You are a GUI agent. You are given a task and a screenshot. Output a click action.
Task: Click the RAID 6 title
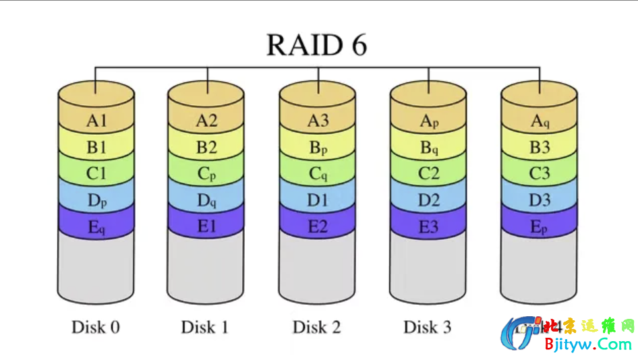[x=316, y=45]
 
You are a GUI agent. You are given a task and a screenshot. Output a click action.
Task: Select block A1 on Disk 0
[x=96, y=121]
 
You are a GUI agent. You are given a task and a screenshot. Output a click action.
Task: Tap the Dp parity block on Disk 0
[x=96, y=201]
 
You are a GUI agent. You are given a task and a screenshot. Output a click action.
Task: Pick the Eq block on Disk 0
[x=96, y=227]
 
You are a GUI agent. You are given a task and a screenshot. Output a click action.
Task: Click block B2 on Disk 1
[x=207, y=148]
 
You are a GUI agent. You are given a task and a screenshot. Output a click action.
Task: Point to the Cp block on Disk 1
[x=207, y=174]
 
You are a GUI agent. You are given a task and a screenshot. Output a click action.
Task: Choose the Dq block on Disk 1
[x=207, y=201]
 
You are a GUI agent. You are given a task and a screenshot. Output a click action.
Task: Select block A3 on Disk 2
[x=318, y=121]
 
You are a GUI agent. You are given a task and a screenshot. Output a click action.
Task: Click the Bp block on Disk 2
[x=318, y=148]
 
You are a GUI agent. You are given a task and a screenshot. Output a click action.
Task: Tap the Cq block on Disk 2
[x=318, y=174]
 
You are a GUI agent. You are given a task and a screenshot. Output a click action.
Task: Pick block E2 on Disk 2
[x=318, y=227]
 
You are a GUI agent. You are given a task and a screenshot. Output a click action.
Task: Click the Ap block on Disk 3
[x=428, y=121]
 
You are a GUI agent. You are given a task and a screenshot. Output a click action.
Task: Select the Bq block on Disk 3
[x=428, y=148]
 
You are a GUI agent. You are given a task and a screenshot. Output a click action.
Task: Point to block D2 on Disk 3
[x=428, y=201]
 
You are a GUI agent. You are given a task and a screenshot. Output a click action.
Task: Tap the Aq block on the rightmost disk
[x=539, y=121]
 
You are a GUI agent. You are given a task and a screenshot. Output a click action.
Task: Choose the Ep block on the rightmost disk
[x=539, y=227]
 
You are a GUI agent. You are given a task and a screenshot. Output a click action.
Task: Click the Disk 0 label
[x=96, y=328]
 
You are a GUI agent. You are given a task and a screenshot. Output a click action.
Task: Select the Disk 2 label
[x=316, y=328]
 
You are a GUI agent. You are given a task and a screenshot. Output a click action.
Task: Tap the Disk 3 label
[x=427, y=328]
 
